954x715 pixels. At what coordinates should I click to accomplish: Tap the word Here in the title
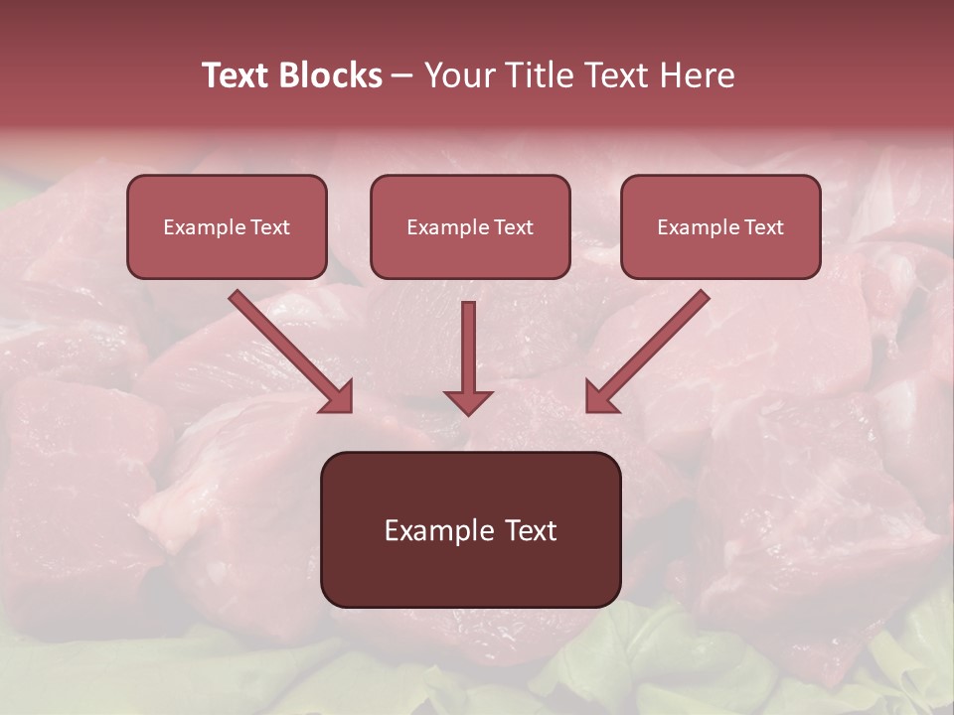[697, 75]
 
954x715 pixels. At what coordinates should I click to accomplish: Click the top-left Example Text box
[227, 227]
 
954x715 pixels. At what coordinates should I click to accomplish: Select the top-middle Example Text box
[470, 227]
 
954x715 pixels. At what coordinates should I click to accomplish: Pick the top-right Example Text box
[720, 227]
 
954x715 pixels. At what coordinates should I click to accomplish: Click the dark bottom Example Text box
[470, 529]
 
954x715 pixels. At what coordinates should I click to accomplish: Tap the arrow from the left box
[288, 349]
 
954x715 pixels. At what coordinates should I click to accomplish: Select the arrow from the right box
[651, 349]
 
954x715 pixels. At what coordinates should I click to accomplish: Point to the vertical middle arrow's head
[468, 401]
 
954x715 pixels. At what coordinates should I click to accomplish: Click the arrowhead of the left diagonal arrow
[338, 396]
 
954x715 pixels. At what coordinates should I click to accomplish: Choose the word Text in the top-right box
[763, 227]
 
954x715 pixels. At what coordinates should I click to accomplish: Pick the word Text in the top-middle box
[513, 227]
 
